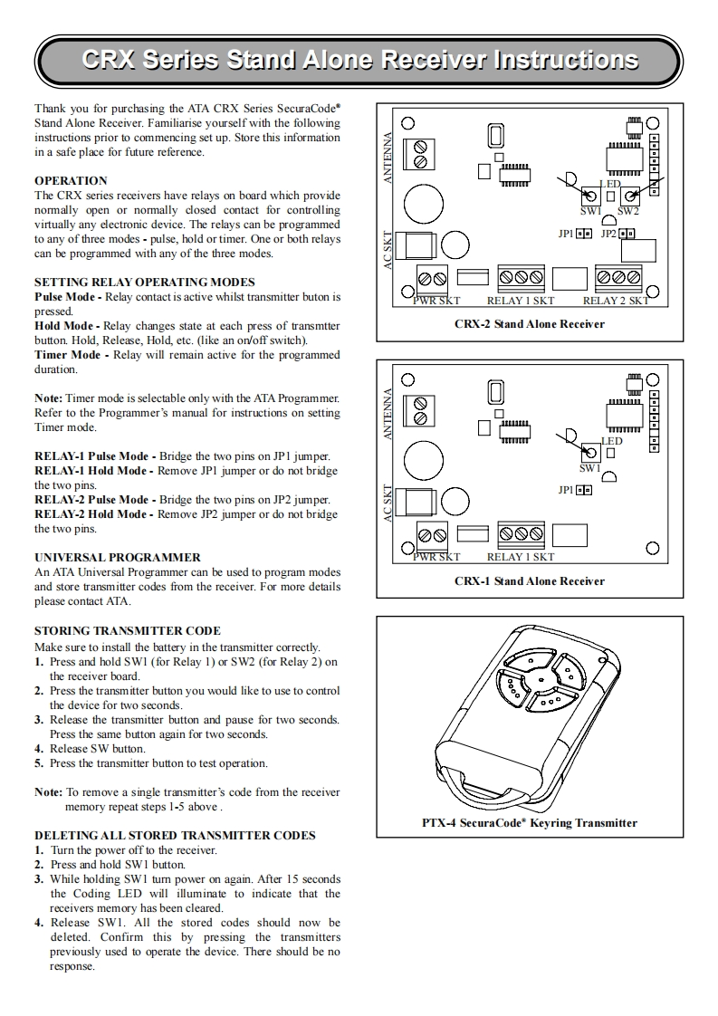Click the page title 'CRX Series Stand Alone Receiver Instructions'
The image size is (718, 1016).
(x=359, y=61)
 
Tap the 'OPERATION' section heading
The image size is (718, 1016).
(x=71, y=180)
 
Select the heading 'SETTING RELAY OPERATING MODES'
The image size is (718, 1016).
(x=145, y=282)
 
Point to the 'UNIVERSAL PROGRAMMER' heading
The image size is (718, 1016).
(x=118, y=557)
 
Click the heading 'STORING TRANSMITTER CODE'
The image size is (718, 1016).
(x=128, y=630)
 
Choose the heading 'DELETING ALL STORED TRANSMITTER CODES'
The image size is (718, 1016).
(x=175, y=835)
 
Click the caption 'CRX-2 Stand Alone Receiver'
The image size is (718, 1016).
(x=530, y=323)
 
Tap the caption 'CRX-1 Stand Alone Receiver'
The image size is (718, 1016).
(x=530, y=580)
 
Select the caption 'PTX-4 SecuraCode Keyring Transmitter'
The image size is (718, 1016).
(x=530, y=823)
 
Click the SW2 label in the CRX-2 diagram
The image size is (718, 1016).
(x=628, y=211)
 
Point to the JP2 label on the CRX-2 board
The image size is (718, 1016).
(x=608, y=234)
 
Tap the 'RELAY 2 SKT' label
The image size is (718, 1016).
(x=616, y=301)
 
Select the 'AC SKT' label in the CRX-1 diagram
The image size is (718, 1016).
(x=388, y=504)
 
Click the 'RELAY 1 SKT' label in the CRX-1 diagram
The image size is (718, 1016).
(x=521, y=557)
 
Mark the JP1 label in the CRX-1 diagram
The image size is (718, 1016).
(x=566, y=490)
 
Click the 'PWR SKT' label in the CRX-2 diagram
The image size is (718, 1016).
(x=436, y=301)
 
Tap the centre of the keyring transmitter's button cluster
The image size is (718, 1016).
(x=541, y=677)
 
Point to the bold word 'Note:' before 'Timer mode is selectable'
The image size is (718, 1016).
(x=49, y=398)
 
